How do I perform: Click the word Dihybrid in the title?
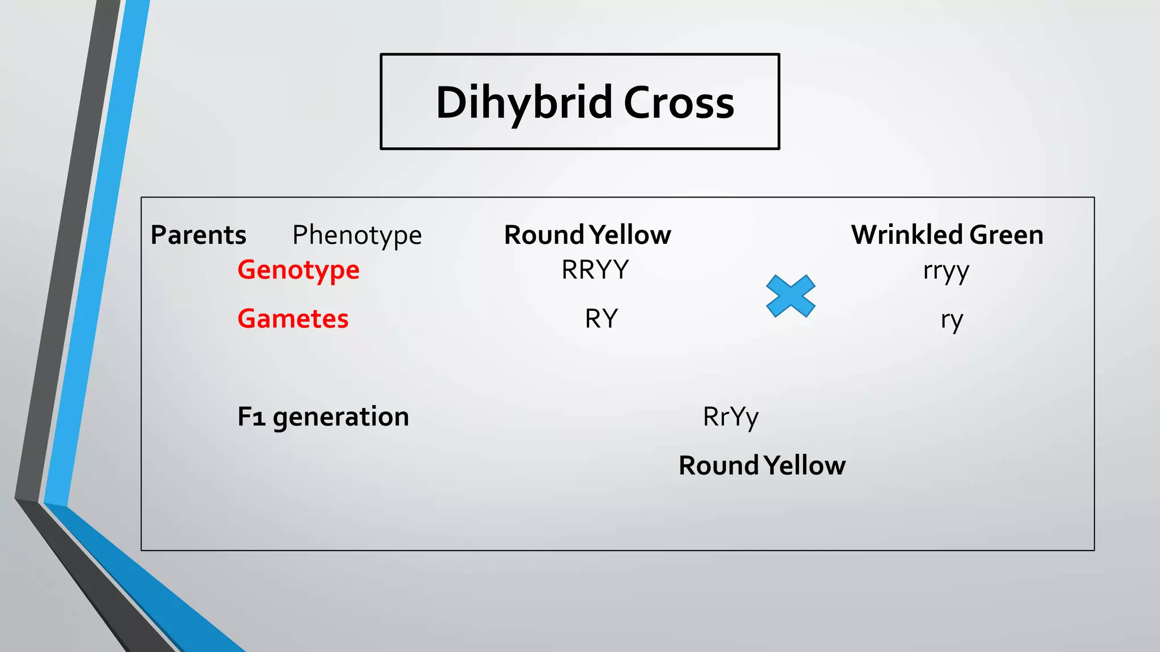pos(524,103)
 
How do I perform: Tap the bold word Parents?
pos(198,235)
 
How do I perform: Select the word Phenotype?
pos(357,235)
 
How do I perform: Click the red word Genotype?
pos(298,270)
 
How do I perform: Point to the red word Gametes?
pos(293,319)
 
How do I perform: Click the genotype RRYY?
pos(595,270)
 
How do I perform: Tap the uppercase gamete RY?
pos(601,319)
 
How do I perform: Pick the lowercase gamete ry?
pos(952,320)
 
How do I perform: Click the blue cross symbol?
pos(791,296)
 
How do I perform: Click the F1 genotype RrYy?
pos(731,417)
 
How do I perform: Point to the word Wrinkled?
pos(907,235)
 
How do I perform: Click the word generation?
pos(340,418)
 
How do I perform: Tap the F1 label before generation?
pos(251,417)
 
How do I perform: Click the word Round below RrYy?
pos(719,466)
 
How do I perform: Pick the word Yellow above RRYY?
pos(630,235)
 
